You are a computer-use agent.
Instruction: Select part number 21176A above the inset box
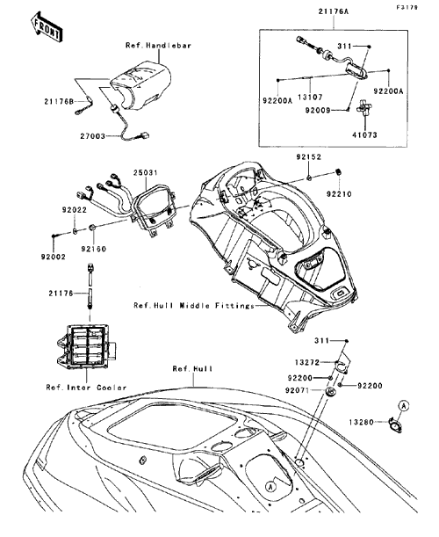point(334,11)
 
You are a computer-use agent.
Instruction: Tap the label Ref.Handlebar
point(158,45)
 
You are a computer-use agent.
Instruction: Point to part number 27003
point(93,136)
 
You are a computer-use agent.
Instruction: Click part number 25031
point(146,172)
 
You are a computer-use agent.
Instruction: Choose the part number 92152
point(309,157)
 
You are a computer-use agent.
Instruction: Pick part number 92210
point(339,194)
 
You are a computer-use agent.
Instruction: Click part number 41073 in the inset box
point(364,135)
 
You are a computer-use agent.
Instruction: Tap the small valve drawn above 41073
point(363,110)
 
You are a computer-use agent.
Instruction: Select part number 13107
point(310,98)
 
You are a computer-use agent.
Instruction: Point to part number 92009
point(318,111)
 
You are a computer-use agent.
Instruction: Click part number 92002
point(54,257)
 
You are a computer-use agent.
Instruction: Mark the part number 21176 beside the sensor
point(61,294)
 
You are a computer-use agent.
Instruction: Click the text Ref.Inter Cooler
point(86,388)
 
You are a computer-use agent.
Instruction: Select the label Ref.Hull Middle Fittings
point(194,306)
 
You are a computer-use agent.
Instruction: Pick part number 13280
point(362,422)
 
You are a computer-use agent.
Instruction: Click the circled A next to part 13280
point(404,406)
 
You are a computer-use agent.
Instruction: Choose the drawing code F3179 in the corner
point(407,7)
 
